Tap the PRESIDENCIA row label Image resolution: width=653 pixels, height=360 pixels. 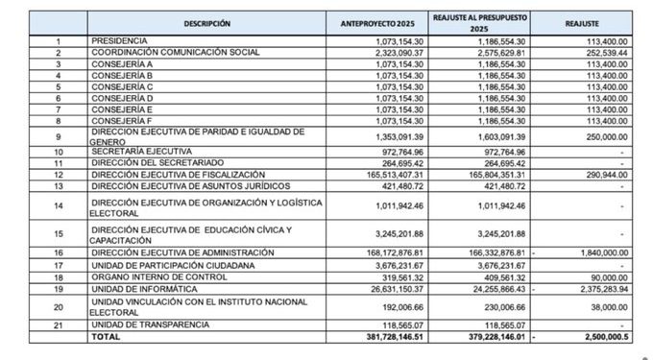click(120, 41)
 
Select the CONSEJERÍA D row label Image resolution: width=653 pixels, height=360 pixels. click(124, 98)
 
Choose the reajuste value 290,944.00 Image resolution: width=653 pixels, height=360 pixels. click(606, 174)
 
